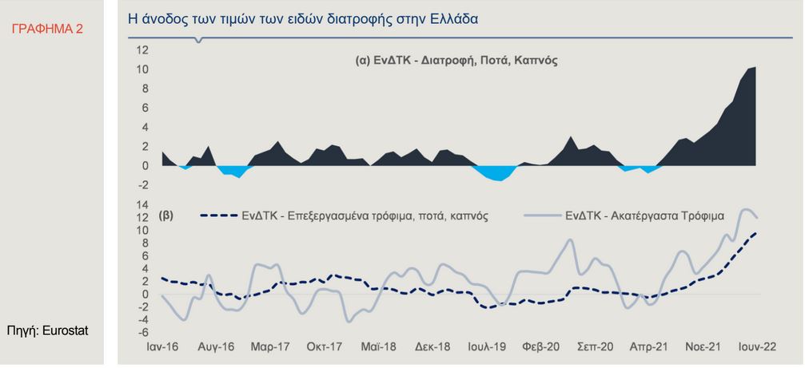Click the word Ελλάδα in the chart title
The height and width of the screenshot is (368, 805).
coord(451,18)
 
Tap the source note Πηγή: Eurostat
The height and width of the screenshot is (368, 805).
coord(47,329)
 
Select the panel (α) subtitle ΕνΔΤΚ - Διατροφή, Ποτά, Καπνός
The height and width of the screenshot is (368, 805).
coord(456,60)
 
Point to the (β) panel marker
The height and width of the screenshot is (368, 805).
coord(166,215)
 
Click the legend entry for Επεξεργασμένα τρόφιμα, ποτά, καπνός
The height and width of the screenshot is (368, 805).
coord(345,216)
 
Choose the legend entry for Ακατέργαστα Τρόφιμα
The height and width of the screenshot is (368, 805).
coord(624,216)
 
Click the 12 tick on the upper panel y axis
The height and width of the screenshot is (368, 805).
coord(142,49)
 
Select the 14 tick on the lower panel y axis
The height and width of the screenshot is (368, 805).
coord(142,205)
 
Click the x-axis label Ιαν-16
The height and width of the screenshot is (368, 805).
coord(162,348)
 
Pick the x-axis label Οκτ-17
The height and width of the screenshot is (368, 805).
coord(325,348)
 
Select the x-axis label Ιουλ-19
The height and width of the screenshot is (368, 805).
coord(487,348)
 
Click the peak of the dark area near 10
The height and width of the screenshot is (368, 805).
coord(754,69)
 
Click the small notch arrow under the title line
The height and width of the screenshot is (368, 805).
coord(198,40)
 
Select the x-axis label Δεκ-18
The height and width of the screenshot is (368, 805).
coord(433,348)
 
